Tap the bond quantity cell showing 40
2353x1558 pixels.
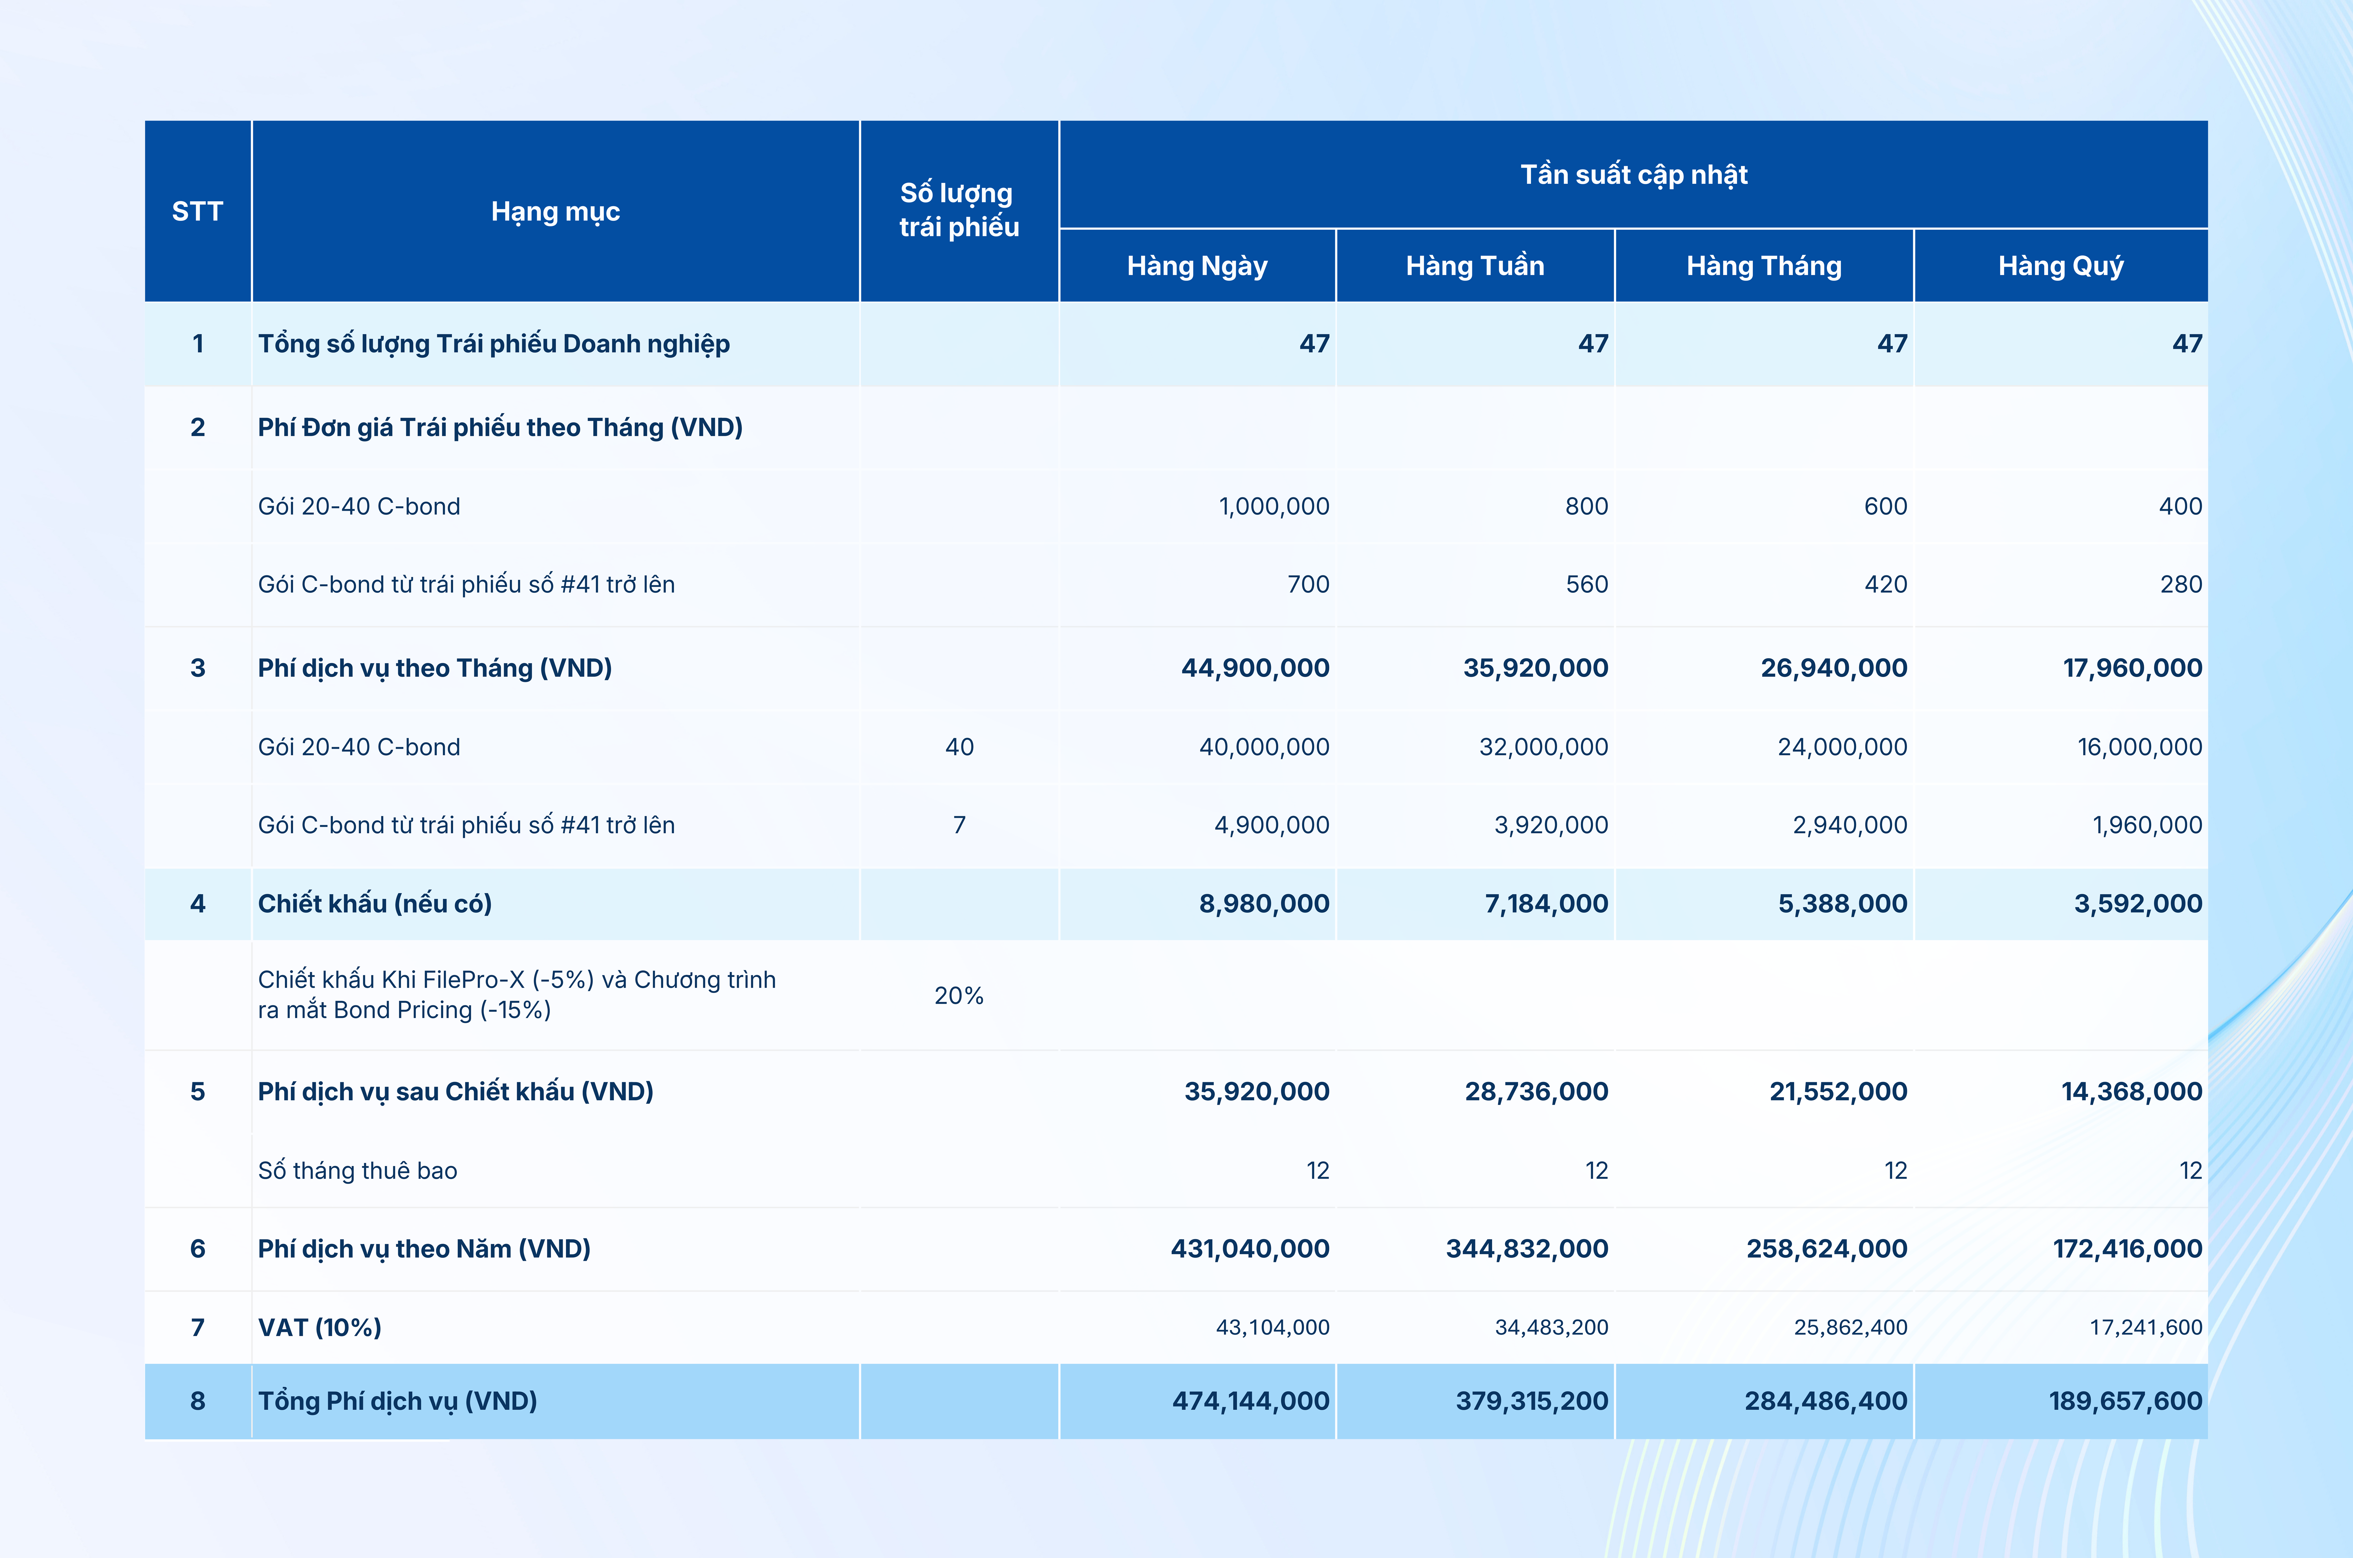coord(959,747)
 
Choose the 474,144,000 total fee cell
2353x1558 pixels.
coord(1250,1401)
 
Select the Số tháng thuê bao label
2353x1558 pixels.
coord(358,1170)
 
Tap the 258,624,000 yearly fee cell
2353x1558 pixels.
coord(1826,1249)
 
